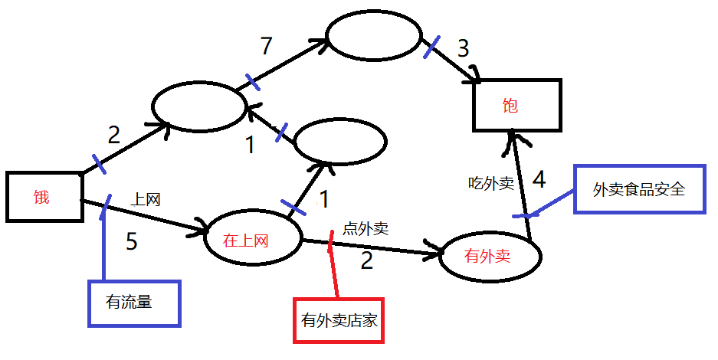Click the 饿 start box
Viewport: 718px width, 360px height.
tap(45, 197)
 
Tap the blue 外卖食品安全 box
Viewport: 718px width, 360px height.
tap(638, 188)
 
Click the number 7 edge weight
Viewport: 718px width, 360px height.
tap(266, 47)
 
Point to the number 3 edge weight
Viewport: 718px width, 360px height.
tap(463, 49)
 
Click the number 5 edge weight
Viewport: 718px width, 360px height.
tap(132, 242)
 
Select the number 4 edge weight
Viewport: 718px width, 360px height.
tap(539, 181)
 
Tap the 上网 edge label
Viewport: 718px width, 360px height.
tap(146, 200)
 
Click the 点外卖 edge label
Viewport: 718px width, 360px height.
tap(366, 227)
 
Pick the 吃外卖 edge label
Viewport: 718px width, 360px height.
tap(491, 183)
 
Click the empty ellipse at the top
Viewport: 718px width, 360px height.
tap(374, 37)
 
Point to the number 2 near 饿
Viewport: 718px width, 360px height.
tap(113, 136)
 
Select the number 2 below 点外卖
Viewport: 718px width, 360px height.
tap(367, 261)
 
